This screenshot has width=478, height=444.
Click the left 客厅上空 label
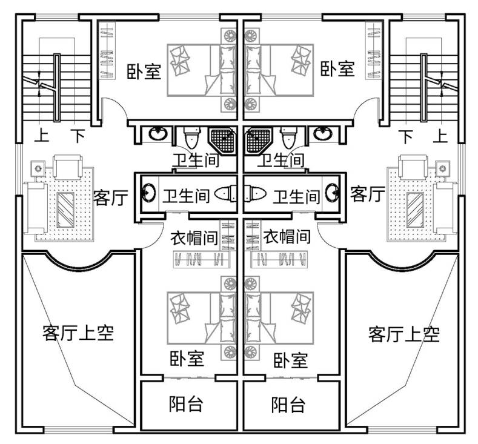pyautogui.click(x=78, y=333)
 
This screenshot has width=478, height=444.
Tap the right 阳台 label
pyautogui.click(x=288, y=405)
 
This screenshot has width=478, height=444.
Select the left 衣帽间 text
pyautogui.click(x=194, y=237)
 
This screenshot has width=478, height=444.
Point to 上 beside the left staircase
pyautogui.click(x=42, y=136)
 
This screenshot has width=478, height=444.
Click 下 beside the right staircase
pyautogui.click(x=407, y=136)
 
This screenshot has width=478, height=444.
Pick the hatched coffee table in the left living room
pyautogui.click(x=65, y=210)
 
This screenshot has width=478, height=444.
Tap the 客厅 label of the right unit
pyautogui.click(x=367, y=194)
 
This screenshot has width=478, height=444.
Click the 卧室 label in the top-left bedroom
pyautogui.click(x=144, y=71)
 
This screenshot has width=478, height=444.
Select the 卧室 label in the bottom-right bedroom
pyautogui.click(x=291, y=360)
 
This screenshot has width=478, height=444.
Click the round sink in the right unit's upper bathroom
pyautogui.click(x=323, y=133)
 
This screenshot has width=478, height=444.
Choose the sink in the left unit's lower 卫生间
pyautogui.click(x=149, y=193)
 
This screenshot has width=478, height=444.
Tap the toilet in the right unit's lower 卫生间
pyautogui.click(x=255, y=193)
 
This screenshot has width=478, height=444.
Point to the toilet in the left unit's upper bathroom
pyautogui.click(x=192, y=138)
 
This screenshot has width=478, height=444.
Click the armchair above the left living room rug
pyautogui.click(x=68, y=167)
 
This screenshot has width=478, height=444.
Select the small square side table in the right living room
pyautogui.click(x=443, y=168)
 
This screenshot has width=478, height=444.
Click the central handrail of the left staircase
pyautogui.click(x=57, y=88)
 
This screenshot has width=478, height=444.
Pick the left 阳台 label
pyautogui.click(x=186, y=404)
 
